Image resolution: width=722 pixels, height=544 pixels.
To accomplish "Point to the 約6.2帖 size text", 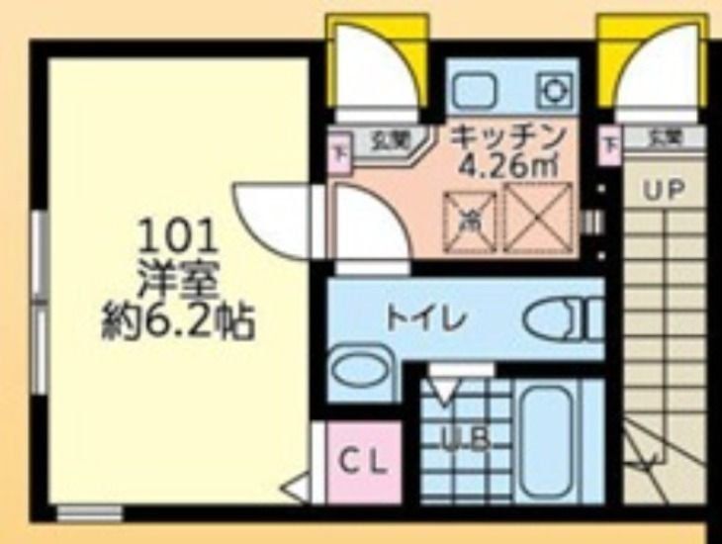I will tap(178, 321).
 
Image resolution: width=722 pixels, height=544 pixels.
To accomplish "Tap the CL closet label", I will tap(365, 462).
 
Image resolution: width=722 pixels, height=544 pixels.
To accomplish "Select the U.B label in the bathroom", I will tap(465, 441).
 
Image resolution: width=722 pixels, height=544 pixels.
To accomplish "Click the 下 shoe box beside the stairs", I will tap(609, 148).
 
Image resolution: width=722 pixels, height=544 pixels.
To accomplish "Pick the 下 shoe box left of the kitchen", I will tap(339, 154).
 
